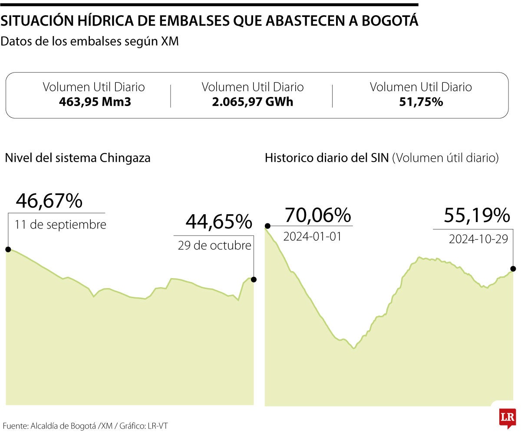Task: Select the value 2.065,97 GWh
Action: click(x=252, y=102)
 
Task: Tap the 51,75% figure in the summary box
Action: click(x=421, y=102)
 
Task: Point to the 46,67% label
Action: click(x=49, y=201)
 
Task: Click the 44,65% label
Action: click(x=219, y=222)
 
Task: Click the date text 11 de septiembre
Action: click(x=60, y=225)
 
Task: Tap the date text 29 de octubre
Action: click(x=214, y=246)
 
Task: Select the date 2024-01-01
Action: click(x=312, y=237)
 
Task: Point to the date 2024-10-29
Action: click(x=478, y=239)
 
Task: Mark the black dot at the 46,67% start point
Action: click(x=8, y=249)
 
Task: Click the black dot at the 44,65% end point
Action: click(x=254, y=279)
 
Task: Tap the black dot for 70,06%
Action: click(x=268, y=226)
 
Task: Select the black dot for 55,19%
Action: click(x=513, y=269)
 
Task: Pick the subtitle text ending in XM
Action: click(x=90, y=42)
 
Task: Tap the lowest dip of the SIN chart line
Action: click(x=354, y=349)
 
